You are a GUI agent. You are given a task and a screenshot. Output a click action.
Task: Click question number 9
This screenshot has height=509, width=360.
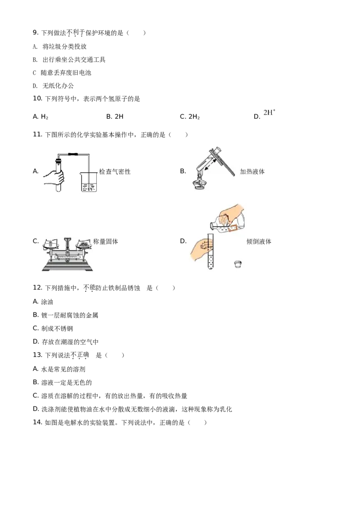36,32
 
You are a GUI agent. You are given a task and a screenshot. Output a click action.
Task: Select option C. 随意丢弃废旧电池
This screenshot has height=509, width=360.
62,73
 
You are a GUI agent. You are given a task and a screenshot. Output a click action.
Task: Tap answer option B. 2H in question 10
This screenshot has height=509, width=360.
115,116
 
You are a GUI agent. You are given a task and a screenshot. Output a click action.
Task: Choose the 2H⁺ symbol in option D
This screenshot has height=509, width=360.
270,113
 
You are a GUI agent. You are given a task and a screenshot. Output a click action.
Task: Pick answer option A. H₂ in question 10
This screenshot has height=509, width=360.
40,116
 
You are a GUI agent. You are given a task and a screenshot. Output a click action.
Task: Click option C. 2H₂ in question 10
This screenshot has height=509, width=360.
190,116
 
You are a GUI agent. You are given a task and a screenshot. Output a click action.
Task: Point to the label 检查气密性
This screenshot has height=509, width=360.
115,172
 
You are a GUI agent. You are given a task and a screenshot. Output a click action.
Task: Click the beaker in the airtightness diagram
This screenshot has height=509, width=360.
88,182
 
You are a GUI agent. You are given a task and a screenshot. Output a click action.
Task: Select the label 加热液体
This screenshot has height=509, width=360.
252,172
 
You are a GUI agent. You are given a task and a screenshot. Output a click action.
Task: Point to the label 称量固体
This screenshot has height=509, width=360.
106,241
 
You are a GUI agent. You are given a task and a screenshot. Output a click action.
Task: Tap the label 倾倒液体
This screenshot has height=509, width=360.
259,241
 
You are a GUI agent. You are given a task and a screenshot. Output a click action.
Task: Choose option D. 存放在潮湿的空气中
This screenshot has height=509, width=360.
66,342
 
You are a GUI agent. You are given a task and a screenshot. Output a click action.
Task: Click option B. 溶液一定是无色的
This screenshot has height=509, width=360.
63,382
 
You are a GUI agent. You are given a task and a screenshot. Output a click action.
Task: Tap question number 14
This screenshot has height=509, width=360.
38,422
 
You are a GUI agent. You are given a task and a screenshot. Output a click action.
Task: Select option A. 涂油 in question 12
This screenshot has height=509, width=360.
43,302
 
